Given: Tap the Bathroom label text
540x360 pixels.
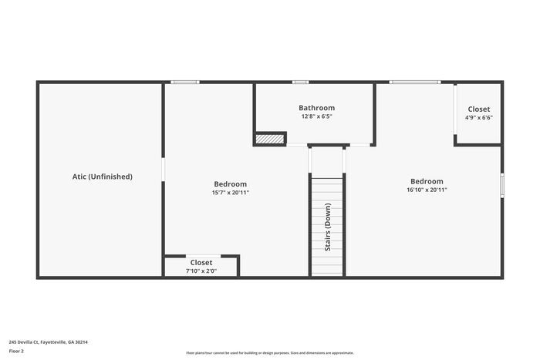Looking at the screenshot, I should pyautogui.click(x=317, y=108).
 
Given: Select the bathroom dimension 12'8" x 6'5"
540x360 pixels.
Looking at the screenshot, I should pyautogui.click(x=317, y=116).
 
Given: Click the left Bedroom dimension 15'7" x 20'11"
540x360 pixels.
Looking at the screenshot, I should pyautogui.click(x=230, y=193).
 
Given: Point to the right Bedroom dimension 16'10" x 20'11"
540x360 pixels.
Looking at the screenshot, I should pyautogui.click(x=427, y=190).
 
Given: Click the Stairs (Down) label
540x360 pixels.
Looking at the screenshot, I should pyautogui.click(x=328, y=227).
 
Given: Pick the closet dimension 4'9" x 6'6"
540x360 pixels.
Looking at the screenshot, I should pyautogui.click(x=478, y=118).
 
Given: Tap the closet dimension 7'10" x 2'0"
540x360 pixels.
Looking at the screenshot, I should pyautogui.click(x=201, y=271).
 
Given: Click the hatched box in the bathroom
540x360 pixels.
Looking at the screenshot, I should pyautogui.click(x=270, y=139).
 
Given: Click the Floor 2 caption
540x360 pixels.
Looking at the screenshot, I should pyautogui.click(x=16, y=351).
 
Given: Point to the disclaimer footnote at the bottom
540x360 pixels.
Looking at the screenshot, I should pyautogui.click(x=269, y=352).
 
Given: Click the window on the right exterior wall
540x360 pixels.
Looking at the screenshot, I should pyautogui.click(x=502, y=186).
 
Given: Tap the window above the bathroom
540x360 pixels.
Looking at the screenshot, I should pyautogui.click(x=300, y=82).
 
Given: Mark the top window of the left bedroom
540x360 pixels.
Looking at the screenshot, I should pyautogui.click(x=184, y=82).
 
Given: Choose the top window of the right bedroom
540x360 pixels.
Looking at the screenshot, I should pyautogui.click(x=414, y=82).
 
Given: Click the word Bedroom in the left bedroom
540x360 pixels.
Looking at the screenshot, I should pyautogui.click(x=230, y=184).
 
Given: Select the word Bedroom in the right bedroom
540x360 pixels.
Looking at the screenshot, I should pyautogui.click(x=427, y=181).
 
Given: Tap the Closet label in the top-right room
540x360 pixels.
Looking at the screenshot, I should pyautogui.click(x=478, y=109).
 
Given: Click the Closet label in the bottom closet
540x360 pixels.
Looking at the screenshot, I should pyautogui.click(x=201, y=262).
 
